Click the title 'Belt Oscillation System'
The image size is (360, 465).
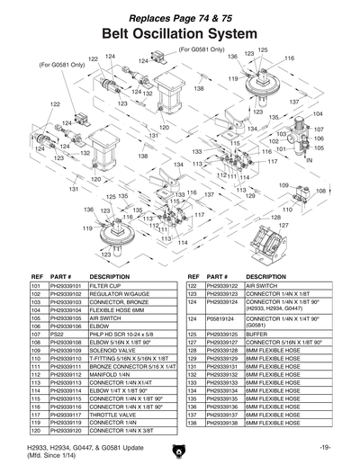point(179,33)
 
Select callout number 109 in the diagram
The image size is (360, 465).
point(283,184)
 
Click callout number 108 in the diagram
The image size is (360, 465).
point(320,191)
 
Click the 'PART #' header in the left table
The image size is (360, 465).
point(60,275)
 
